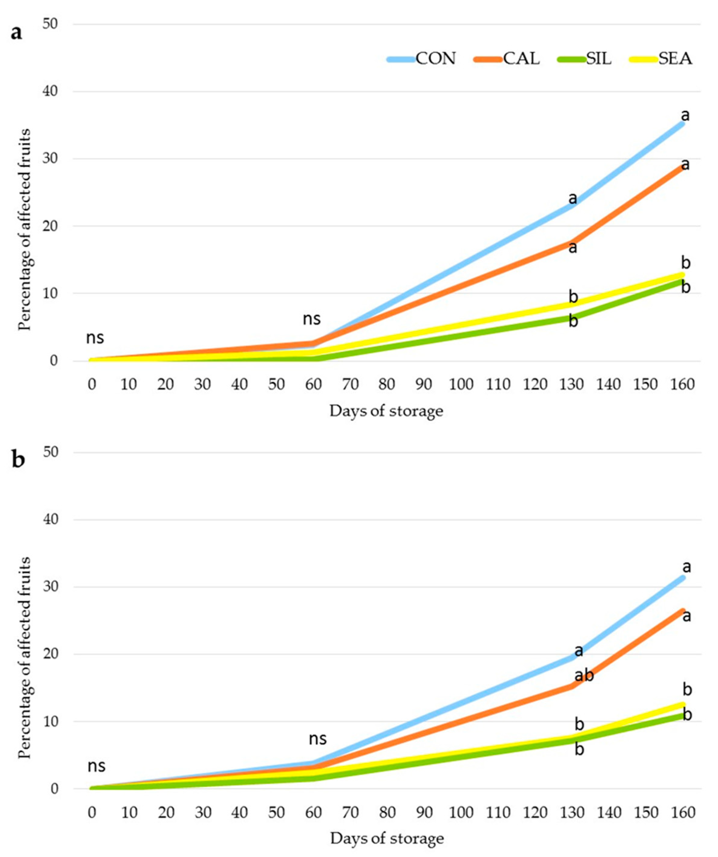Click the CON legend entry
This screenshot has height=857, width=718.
tap(435, 59)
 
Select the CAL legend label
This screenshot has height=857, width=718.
tap(521, 59)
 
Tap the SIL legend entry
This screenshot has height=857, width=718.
tap(599, 59)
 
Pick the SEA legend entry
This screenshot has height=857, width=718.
tap(675, 59)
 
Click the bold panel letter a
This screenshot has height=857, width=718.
tap(16, 33)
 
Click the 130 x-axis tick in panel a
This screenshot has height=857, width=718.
tap(571, 384)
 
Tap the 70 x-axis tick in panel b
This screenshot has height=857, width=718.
tap(351, 813)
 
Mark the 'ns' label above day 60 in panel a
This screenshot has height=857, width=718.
tap(312, 319)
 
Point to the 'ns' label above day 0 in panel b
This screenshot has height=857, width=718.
tap(96, 766)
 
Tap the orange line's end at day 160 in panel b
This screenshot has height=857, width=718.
tap(683, 611)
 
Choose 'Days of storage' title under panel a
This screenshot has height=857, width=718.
tap(386, 411)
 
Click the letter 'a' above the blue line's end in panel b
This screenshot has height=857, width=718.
tap(687, 567)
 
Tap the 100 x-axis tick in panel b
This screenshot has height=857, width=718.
tap(461, 813)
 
